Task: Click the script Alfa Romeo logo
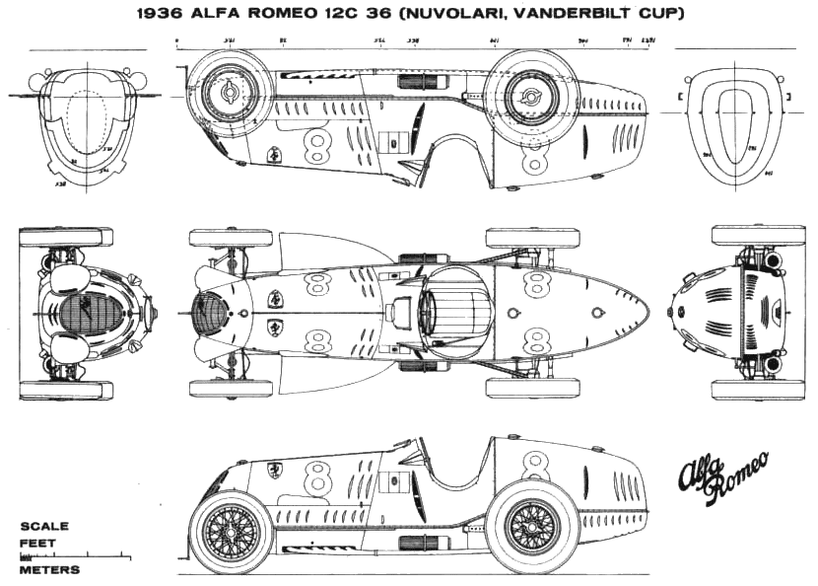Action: point(718,478)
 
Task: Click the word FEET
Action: point(38,543)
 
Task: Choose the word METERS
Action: point(49,570)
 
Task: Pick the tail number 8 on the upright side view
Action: point(537,465)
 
